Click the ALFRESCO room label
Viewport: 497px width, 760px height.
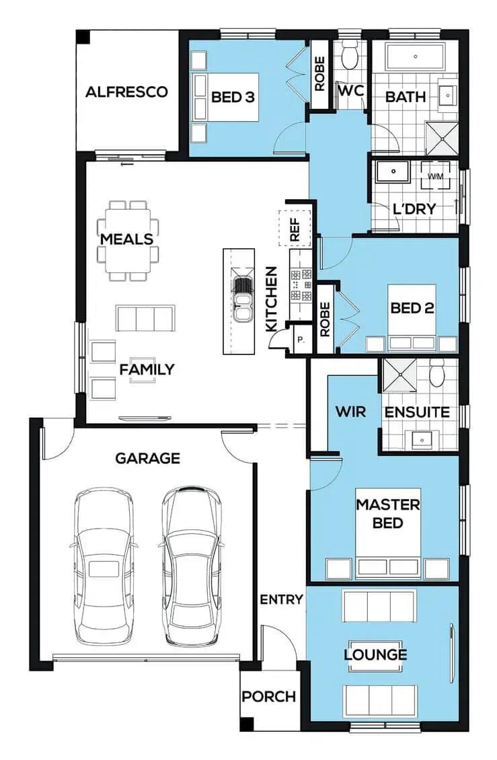[126, 91]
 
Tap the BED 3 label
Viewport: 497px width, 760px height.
[233, 97]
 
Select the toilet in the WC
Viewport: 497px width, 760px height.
[349, 54]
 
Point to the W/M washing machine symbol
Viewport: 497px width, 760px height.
[435, 176]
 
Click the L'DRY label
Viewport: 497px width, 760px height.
[414, 209]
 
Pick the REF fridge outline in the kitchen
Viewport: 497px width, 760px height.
[295, 229]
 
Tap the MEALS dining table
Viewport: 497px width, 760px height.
[128, 240]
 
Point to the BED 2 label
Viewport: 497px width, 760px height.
[412, 308]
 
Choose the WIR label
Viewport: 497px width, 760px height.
[350, 412]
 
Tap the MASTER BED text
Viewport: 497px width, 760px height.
[388, 514]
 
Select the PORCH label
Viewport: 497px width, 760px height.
[268, 697]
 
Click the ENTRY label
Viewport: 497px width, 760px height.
[281, 599]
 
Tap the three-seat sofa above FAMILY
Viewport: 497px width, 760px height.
[145, 318]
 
